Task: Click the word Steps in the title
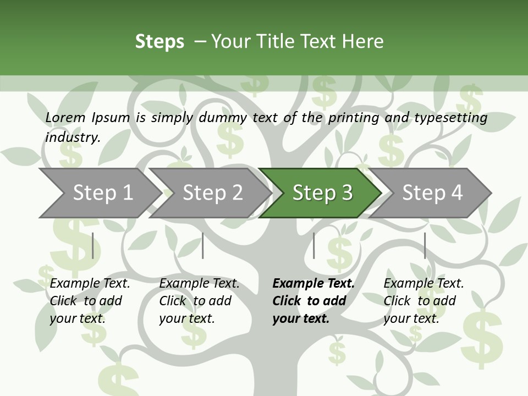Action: tap(159, 41)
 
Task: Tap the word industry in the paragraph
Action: tap(72, 137)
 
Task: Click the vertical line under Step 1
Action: tap(93, 245)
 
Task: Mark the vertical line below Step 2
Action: tap(203, 245)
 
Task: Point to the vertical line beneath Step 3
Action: tap(313, 245)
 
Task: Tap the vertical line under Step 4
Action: tap(425, 245)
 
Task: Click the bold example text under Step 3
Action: tap(313, 301)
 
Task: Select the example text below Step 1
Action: tap(90, 301)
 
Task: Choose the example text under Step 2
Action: tap(199, 301)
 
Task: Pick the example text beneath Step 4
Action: tap(424, 301)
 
